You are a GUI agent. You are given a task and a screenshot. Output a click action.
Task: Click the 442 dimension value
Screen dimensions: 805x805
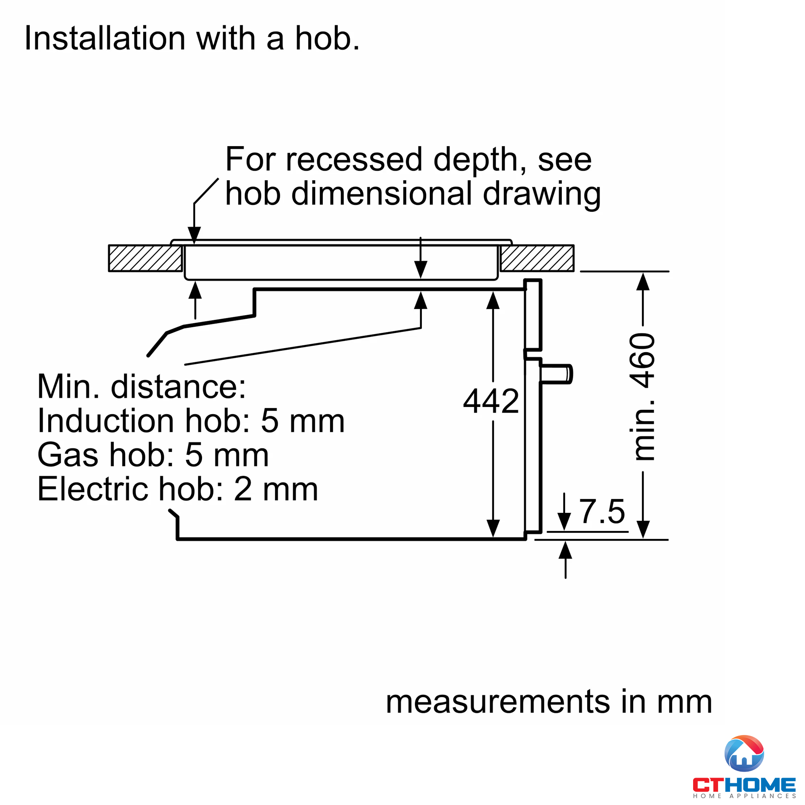(x=491, y=401)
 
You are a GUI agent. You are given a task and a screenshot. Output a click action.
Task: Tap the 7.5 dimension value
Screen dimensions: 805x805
(x=603, y=511)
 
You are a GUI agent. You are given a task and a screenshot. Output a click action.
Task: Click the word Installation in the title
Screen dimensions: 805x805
(x=105, y=38)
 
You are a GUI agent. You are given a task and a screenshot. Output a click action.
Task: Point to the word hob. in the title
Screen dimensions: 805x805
(x=328, y=38)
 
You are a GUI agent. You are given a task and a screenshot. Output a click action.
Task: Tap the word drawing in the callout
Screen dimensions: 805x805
(x=542, y=194)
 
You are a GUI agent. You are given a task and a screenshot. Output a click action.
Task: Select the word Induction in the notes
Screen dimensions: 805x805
(x=106, y=421)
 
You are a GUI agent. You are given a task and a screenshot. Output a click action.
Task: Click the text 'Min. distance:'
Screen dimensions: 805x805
(x=142, y=386)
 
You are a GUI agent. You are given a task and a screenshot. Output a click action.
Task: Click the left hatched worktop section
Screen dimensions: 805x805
(x=145, y=258)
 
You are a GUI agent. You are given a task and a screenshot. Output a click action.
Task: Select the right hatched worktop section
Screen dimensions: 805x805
(x=537, y=258)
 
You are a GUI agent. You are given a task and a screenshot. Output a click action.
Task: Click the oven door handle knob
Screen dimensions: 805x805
(x=557, y=374)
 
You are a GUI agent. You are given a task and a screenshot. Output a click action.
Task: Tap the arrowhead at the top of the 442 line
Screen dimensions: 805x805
(x=493, y=300)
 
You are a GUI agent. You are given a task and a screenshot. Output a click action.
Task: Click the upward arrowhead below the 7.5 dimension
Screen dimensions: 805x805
(x=566, y=550)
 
